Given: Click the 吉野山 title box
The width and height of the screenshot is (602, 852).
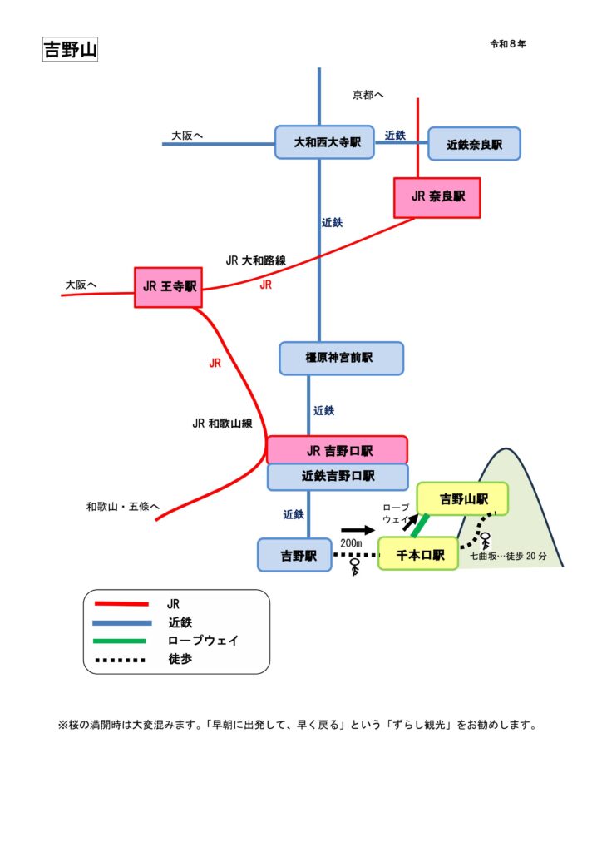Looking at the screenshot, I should tap(70, 49).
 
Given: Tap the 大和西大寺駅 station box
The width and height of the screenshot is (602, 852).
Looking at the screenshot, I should tap(327, 143).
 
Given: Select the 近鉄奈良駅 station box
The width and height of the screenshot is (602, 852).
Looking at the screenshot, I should tap(474, 144).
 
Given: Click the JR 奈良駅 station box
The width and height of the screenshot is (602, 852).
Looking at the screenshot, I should tap(437, 198).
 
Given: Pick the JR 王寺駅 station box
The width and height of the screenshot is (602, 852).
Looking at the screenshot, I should tap(169, 287).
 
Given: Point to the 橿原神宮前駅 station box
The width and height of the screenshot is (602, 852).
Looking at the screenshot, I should tap(342, 358).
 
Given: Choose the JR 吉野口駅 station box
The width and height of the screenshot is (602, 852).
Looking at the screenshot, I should tap(338, 450).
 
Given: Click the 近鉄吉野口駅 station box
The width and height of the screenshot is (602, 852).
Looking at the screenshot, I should tap(338, 477).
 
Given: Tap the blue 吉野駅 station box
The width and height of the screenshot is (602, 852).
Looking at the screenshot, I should tap(294, 555).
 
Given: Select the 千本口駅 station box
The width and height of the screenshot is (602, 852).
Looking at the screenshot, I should tap(419, 554).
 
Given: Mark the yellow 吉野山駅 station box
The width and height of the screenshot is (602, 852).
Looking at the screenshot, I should tap(462, 499).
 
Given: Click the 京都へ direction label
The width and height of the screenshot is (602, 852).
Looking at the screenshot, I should tap(368, 96).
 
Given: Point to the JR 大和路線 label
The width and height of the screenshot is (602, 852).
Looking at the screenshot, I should tap(255, 260).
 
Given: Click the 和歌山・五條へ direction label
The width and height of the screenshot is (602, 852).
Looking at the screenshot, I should tap(122, 505).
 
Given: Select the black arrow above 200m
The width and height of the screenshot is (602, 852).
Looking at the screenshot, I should tap(358, 529).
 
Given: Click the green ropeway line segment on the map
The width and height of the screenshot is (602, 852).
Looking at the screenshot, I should tap(420, 526).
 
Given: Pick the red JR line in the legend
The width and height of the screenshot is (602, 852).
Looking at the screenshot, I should tap(121, 604).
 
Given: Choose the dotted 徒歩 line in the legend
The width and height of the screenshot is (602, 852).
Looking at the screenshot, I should tap(121, 661).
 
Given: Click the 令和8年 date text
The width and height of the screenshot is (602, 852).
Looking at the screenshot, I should tap(508, 44).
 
